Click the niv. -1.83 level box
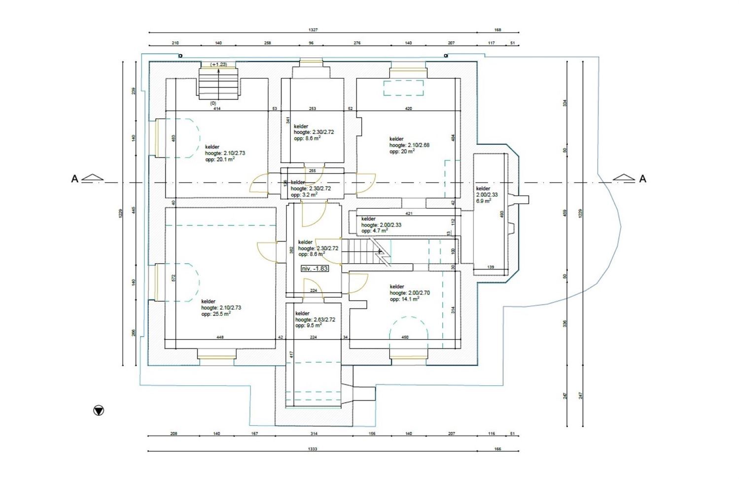(315, 269)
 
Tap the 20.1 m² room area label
(220, 159)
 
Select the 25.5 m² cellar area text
(215, 313)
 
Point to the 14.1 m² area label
(404, 299)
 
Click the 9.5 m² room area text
(308, 326)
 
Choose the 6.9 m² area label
(483, 201)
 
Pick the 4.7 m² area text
(374, 231)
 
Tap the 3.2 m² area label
(304, 195)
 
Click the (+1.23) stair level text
(218, 65)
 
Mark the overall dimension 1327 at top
(313, 30)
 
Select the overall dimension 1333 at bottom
(313, 449)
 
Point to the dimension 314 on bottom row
(314, 434)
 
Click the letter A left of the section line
(75, 179)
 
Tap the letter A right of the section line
(642, 179)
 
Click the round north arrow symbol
(99, 410)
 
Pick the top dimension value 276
(357, 43)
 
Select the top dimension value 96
(311, 43)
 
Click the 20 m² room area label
(402, 152)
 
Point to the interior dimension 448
(220, 338)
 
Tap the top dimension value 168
(497, 30)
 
